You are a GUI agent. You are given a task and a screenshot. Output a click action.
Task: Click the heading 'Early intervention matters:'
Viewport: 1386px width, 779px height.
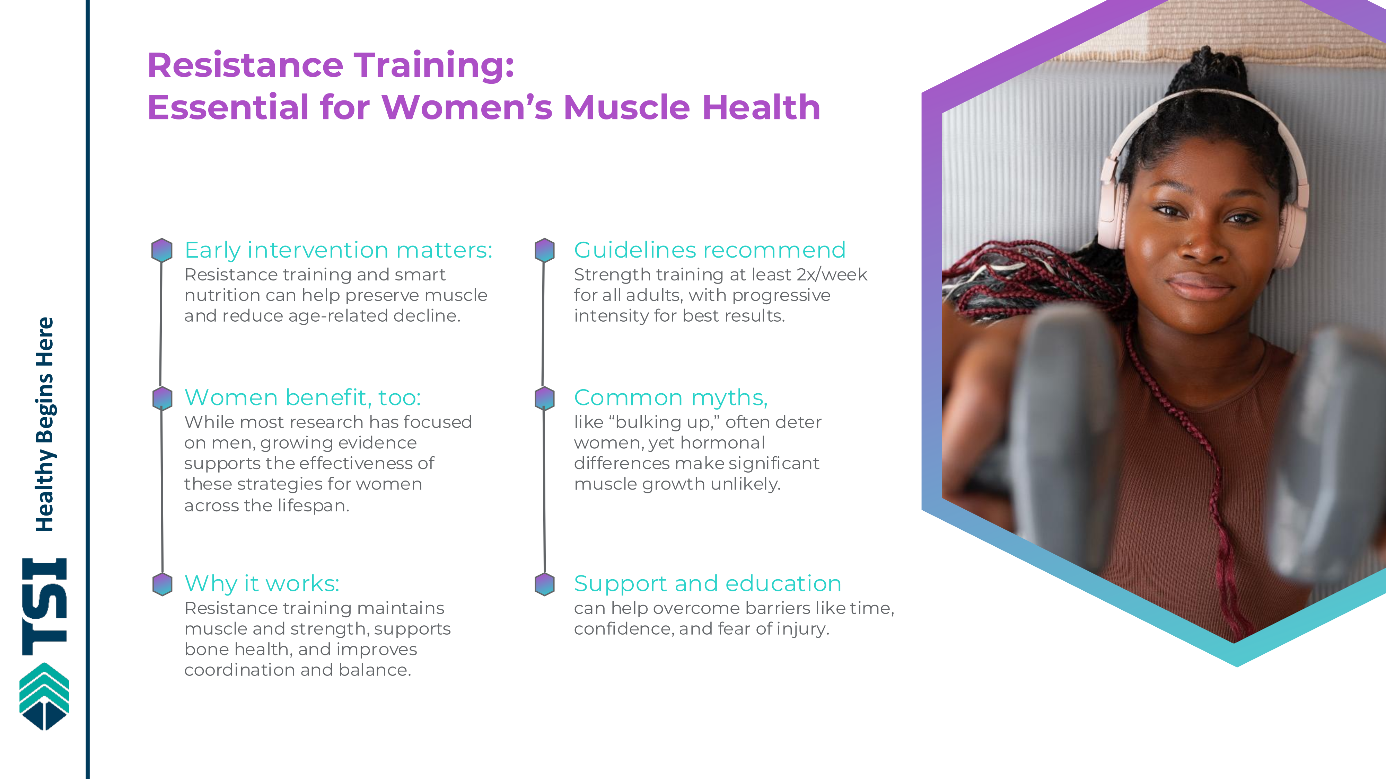tap(339, 250)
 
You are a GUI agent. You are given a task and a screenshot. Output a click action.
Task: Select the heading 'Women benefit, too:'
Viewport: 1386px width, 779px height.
tap(302, 398)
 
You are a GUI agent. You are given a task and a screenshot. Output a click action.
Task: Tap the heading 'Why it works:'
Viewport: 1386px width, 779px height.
tap(262, 584)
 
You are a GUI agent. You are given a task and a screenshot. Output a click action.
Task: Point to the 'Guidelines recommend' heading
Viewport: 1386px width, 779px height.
tap(710, 250)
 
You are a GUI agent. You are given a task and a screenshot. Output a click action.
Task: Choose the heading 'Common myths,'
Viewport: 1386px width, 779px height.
tap(671, 398)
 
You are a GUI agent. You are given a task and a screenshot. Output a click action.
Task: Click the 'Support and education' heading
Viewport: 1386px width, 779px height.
tap(708, 584)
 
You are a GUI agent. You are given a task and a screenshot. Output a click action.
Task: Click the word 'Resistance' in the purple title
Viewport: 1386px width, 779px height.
tap(245, 65)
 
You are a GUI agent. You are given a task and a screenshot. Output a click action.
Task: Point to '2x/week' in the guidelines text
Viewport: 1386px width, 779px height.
tap(832, 275)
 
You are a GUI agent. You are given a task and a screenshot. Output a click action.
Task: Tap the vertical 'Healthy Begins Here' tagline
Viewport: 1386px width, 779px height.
tap(44, 425)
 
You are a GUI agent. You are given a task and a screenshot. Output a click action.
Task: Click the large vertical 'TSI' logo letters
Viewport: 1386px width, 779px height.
tap(44, 607)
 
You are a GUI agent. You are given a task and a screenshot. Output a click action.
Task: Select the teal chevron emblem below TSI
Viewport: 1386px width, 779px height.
tap(44, 697)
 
